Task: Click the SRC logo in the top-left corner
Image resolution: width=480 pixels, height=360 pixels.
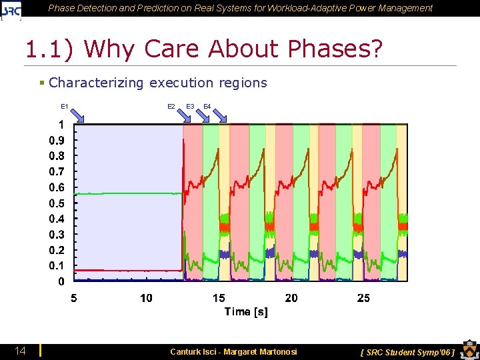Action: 11,9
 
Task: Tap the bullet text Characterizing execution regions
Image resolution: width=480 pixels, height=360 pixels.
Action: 157,83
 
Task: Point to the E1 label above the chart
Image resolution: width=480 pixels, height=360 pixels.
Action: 65,106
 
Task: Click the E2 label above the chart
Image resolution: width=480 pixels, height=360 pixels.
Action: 171,107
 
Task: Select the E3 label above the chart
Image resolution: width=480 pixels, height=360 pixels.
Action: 190,107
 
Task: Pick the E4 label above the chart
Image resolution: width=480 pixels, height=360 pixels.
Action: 207,107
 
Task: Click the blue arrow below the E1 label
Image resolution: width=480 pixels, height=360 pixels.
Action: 79,116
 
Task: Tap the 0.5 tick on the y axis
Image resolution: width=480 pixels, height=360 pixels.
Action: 57,203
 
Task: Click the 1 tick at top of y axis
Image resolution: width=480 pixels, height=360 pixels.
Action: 61,125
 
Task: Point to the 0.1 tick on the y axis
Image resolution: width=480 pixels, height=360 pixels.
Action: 57,266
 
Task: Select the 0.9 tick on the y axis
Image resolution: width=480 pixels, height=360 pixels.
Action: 57,141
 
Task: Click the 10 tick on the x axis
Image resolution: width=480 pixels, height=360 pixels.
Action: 146,298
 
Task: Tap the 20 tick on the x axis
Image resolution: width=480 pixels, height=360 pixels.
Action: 291,298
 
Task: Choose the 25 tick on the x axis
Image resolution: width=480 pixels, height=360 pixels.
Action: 363,298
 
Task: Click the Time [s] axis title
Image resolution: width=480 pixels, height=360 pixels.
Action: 246,312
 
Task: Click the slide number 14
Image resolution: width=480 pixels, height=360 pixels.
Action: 21,351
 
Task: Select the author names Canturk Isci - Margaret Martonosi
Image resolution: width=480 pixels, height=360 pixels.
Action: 233,351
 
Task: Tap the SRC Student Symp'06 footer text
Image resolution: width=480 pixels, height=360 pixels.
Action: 407,352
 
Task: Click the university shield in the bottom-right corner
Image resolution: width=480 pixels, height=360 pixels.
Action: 467,350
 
